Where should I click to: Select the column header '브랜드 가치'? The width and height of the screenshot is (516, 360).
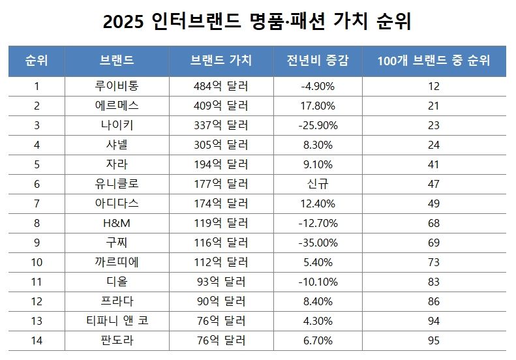(x=221, y=61)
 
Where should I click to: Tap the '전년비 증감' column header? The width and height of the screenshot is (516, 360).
(x=318, y=61)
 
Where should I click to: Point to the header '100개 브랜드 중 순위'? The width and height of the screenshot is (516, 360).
(x=434, y=61)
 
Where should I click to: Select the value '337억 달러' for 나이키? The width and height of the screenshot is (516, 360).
(x=221, y=125)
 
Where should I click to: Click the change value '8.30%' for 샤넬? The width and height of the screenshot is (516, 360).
(x=318, y=145)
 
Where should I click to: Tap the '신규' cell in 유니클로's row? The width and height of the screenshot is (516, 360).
(x=318, y=184)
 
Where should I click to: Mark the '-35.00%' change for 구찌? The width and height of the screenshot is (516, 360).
(x=318, y=243)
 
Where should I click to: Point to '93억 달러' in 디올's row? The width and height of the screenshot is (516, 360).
(x=221, y=282)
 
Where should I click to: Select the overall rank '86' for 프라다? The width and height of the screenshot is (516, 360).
(x=434, y=301)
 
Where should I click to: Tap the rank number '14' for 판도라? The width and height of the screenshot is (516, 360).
(x=37, y=340)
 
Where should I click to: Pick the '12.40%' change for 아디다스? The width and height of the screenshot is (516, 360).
(x=318, y=203)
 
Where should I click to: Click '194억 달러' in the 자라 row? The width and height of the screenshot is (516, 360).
(x=221, y=164)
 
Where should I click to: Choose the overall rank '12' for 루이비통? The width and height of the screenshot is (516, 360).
(x=434, y=86)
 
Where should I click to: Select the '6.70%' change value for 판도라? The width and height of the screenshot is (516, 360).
(x=318, y=340)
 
